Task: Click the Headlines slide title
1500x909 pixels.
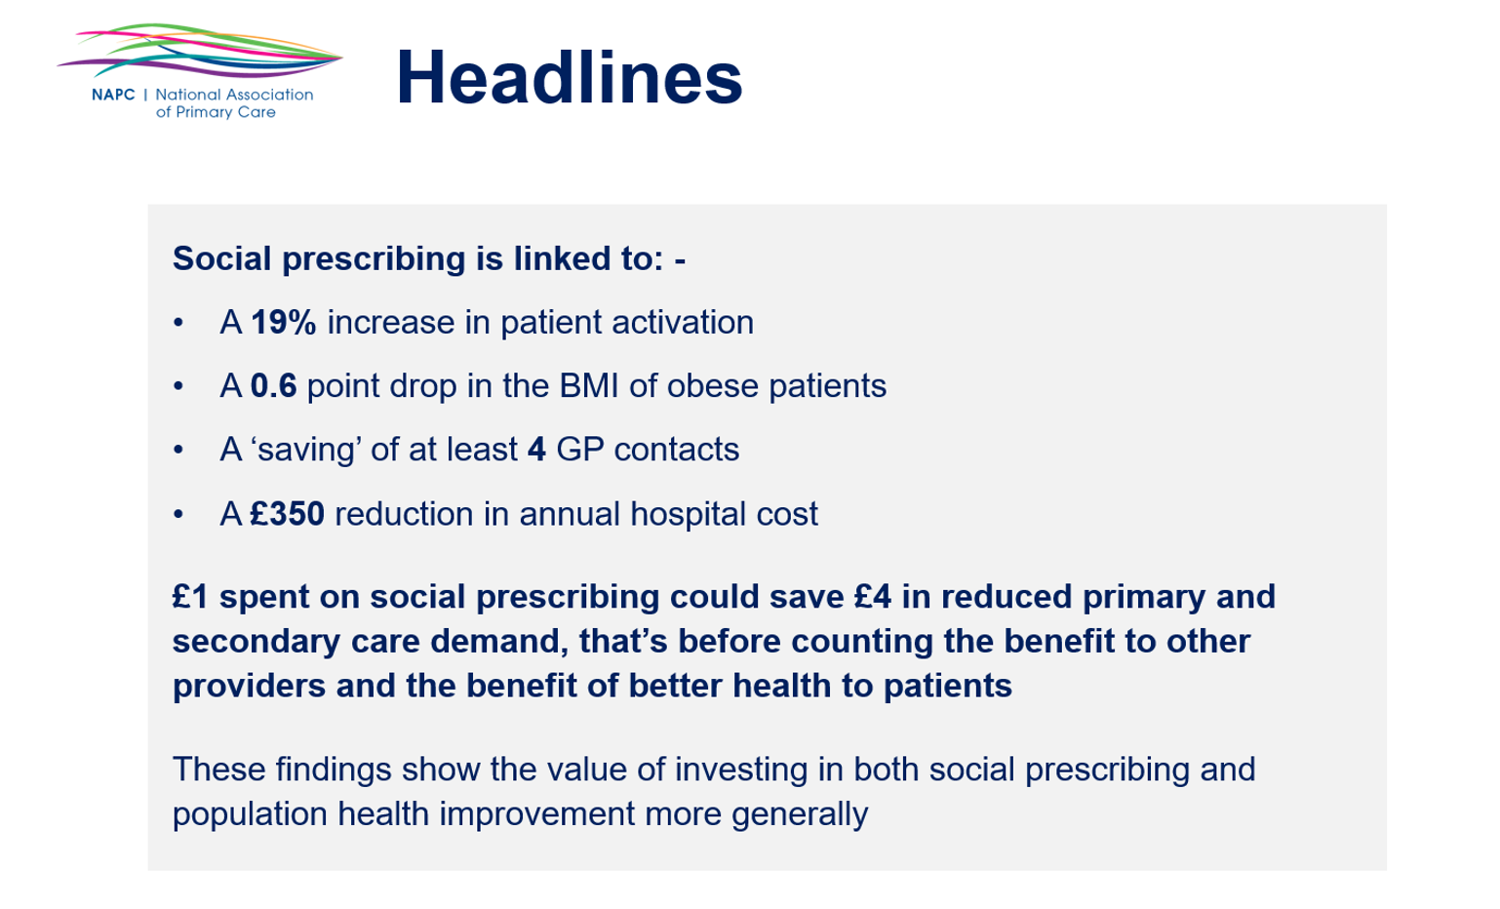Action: (x=570, y=77)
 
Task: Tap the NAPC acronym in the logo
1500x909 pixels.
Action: (x=113, y=95)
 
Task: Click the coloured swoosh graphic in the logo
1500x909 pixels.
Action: (x=200, y=51)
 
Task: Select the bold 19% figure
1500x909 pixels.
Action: (x=283, y=322)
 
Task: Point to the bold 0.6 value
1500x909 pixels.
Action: (x=273, y=386)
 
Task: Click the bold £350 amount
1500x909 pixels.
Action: (x=288, y=514)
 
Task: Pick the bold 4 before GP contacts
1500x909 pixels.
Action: (x=536, y=450)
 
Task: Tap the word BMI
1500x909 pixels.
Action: (x=588, y=386)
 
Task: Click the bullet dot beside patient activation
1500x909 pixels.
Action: (x=178, y=323)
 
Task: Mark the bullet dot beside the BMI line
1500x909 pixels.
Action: (x=178, y=386)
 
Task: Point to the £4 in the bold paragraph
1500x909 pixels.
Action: (x=873, y=597)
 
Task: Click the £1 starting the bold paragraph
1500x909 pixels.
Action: (x=191, y=597)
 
